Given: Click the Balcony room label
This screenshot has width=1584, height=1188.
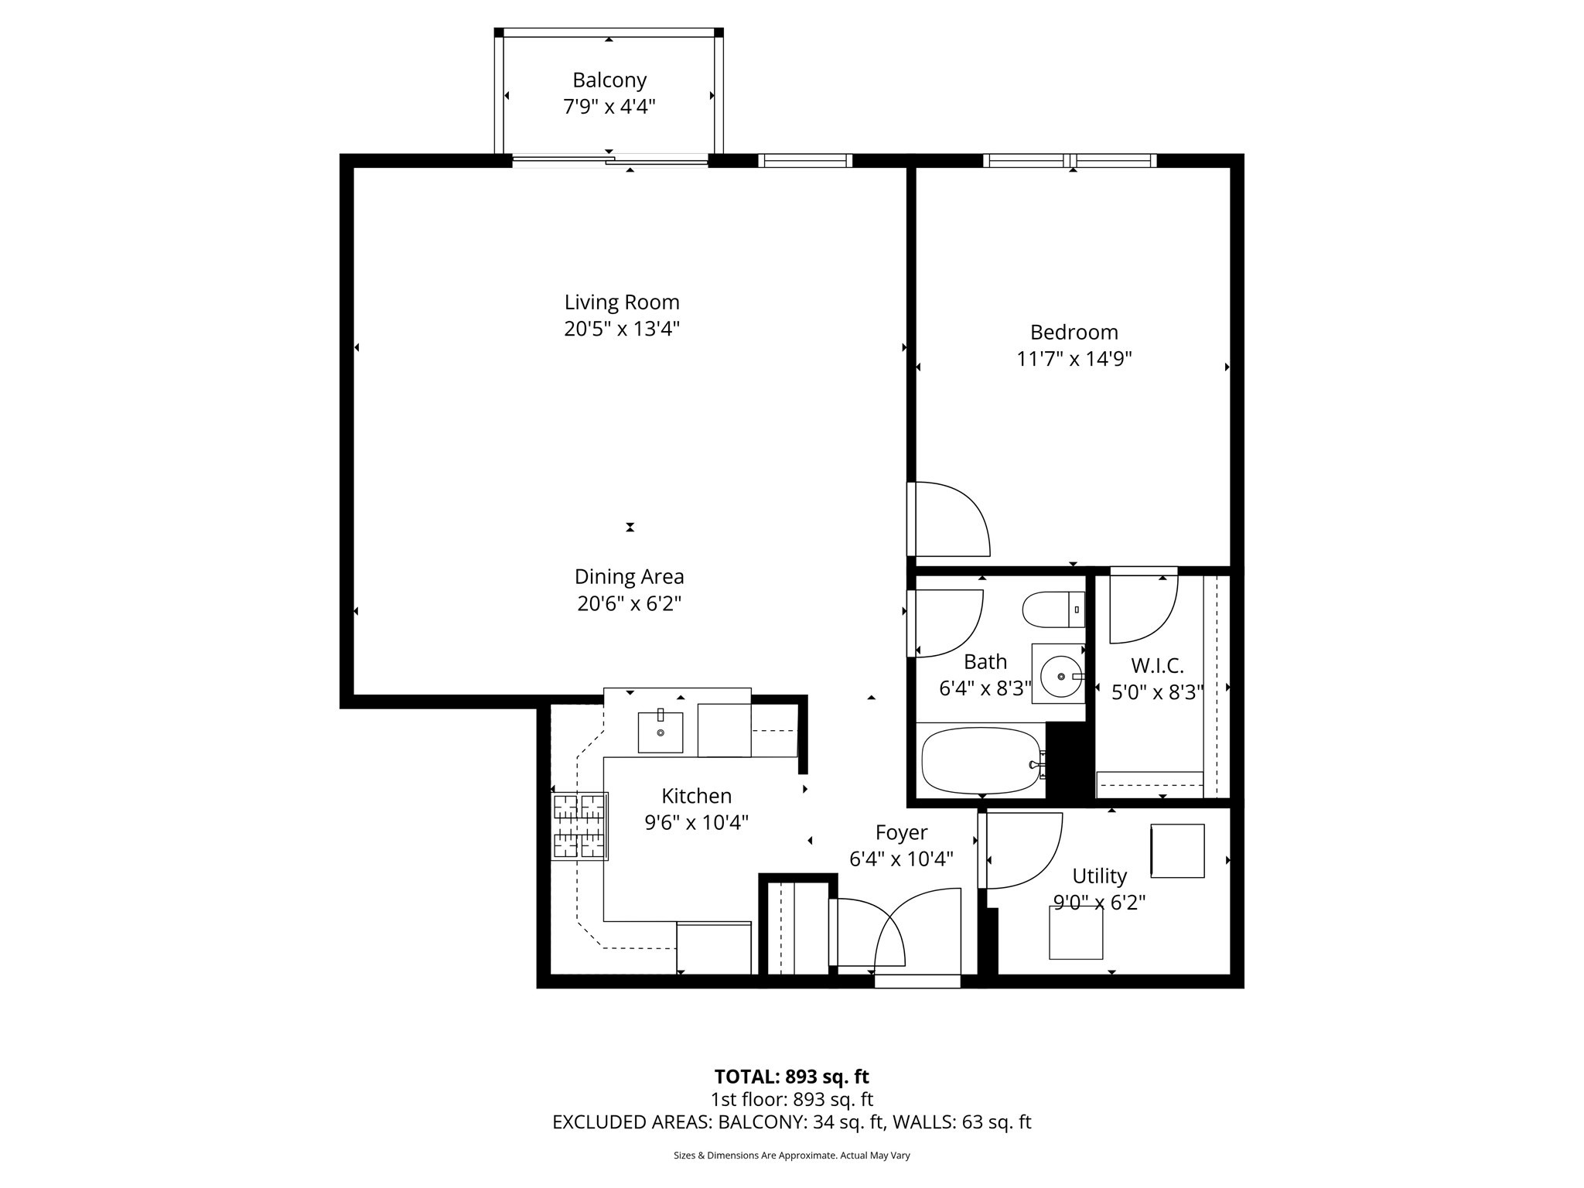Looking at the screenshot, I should (x=609, y=80).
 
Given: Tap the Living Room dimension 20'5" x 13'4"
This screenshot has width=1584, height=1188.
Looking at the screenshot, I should (x=622, y=329).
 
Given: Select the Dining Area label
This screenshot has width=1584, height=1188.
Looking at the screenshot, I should (x=629, y=577).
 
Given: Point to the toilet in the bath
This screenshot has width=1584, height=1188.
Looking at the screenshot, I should (x=1053, y=610).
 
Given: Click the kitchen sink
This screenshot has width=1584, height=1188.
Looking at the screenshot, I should (x=661, y=732).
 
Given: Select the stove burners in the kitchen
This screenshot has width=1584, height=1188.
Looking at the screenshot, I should (x=579, y=826).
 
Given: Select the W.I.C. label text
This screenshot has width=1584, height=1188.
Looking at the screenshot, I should (x=1157, y=666).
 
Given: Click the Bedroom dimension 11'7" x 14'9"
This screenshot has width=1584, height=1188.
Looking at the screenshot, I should (x=1074, y=360).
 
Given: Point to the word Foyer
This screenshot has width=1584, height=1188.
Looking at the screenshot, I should (x=901, y=833).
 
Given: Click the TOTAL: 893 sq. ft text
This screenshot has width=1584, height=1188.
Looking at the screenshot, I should (x=791, y=1077).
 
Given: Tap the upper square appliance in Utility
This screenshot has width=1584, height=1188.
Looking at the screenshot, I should (x=1177, y=851).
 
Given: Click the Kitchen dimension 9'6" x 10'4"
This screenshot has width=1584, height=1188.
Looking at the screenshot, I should (x=696, y=823).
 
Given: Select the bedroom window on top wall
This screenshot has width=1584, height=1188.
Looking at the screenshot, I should (x=1070, y=161).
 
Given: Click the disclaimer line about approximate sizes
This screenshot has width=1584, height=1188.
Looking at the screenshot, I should (x=791, y=1156).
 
